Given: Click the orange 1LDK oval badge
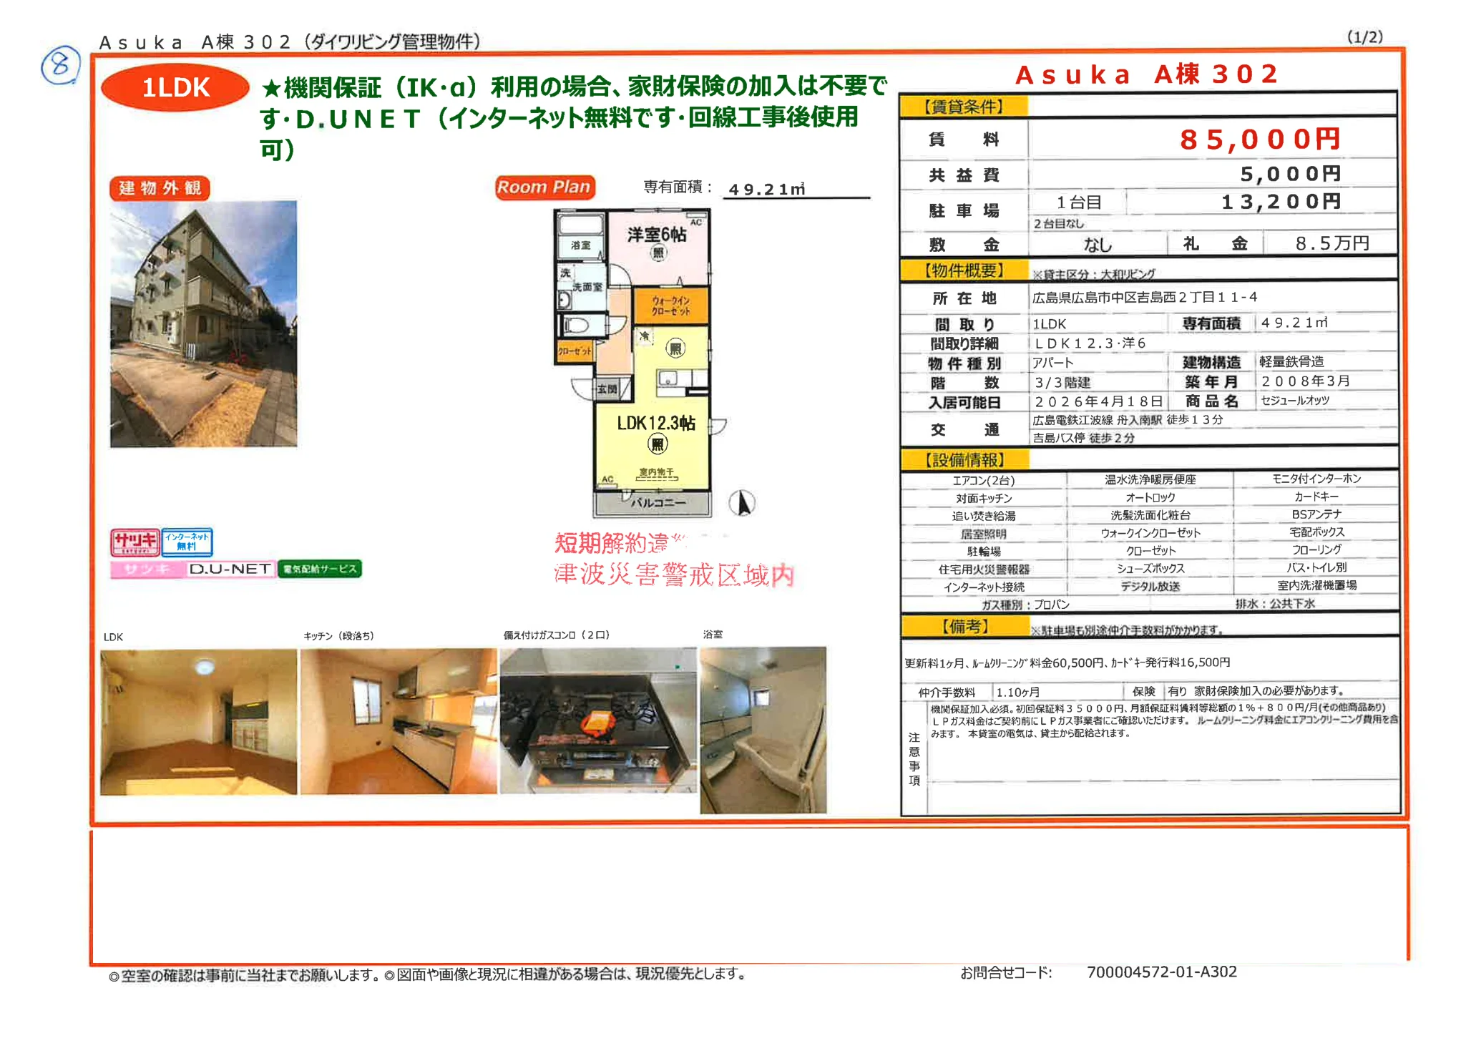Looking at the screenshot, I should pyautogui.click(x=175, y=88).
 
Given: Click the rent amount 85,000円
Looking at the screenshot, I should pyautogui.click(x=1259, y=139).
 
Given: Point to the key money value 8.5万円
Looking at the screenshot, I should pyautogui.click(x=1331, y=243).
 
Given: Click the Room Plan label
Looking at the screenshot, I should pyautogui.click(x=544, y=187).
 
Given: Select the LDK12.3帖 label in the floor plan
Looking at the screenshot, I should pyautogui.click(x=655, y=423).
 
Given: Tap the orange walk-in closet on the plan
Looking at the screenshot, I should pyautogui.click(x=670, y=306).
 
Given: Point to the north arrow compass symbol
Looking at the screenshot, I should pyautogui.click(x=743, y=502).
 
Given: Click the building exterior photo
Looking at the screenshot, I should pyautogui.click(x=204, y=323).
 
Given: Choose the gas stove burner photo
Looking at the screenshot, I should pyautogui.click(x=597, y=720).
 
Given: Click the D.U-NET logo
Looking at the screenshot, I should pyautogui.click(x=230, y=569).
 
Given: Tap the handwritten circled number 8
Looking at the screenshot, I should pyautogui.click(x=60, y=65).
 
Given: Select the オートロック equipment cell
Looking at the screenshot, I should pyautogui.click(x=1150, y=497).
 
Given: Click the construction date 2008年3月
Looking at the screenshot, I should pyautogui.click(x=1305, y=381).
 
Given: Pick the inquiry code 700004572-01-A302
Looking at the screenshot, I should pyautogui.click(x=1161, y=972).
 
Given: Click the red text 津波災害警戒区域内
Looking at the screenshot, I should pyautogui.click(x=674, y=575).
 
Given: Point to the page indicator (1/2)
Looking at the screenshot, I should pyautogui.click(x=1364, y=36).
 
